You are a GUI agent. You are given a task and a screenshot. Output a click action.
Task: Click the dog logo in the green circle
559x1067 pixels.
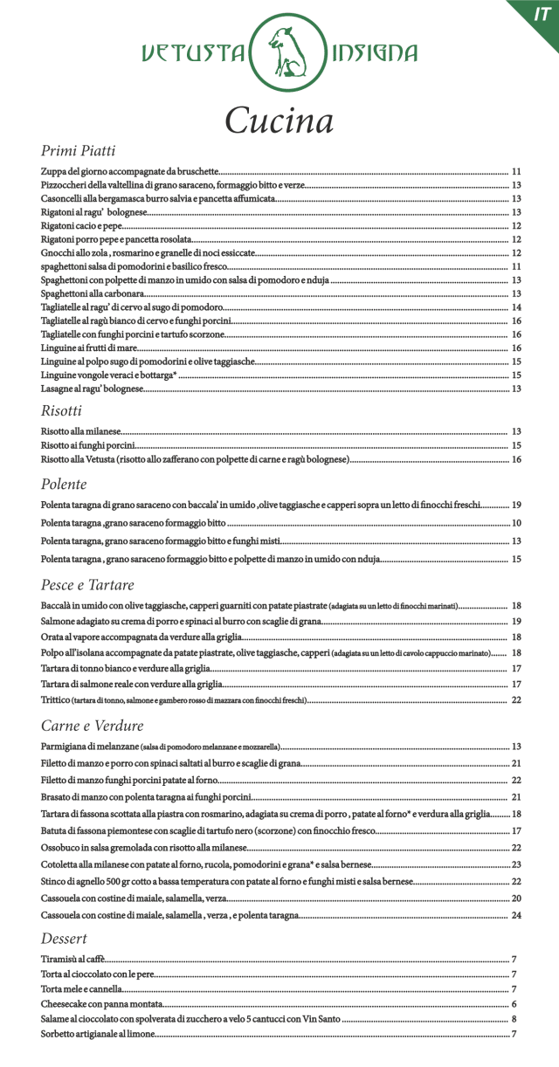click(x=279, y=52)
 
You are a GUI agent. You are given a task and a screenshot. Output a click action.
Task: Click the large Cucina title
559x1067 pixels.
click(x=279, y=120)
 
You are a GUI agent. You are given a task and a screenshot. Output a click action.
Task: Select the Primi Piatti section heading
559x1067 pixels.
click(x=79, y=151)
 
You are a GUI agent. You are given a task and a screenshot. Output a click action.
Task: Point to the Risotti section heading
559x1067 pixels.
click(x=61, y=410)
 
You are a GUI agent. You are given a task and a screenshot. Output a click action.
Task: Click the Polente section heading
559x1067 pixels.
click(x=64, y=484)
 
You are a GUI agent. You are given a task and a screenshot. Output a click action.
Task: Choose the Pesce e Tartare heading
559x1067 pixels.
click(x=87, y=584)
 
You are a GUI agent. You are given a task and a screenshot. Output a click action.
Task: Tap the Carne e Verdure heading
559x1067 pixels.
click(x=92, y=726)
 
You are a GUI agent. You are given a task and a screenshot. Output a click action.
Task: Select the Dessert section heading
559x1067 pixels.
click(x=65, y=939)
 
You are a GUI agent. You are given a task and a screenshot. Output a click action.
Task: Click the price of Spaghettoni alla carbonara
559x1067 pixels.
click(x=516, y=293)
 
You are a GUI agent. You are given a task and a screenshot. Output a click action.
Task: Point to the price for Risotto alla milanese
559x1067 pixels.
click(x=516, y=431)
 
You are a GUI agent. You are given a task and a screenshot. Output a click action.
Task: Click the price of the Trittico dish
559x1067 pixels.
click(x=516, y=700)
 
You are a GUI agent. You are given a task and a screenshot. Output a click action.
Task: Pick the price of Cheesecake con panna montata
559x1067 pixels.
click(x=514, y=1004)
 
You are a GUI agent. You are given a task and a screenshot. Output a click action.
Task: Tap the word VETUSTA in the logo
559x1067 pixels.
click(x=193, y=54)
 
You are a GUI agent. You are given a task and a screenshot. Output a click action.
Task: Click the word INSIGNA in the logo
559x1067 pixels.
click(x=372, y=54)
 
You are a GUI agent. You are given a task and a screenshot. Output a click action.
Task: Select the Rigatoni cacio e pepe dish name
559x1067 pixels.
click(x=81, y=226)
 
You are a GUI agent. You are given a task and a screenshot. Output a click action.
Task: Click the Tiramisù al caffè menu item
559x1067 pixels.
click(x=73, y=959)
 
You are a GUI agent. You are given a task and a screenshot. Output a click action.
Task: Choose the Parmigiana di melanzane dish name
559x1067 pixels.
click(x=90, y=747)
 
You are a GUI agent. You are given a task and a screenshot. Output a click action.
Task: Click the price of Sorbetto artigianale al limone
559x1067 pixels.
click(x=515, y=1035)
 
